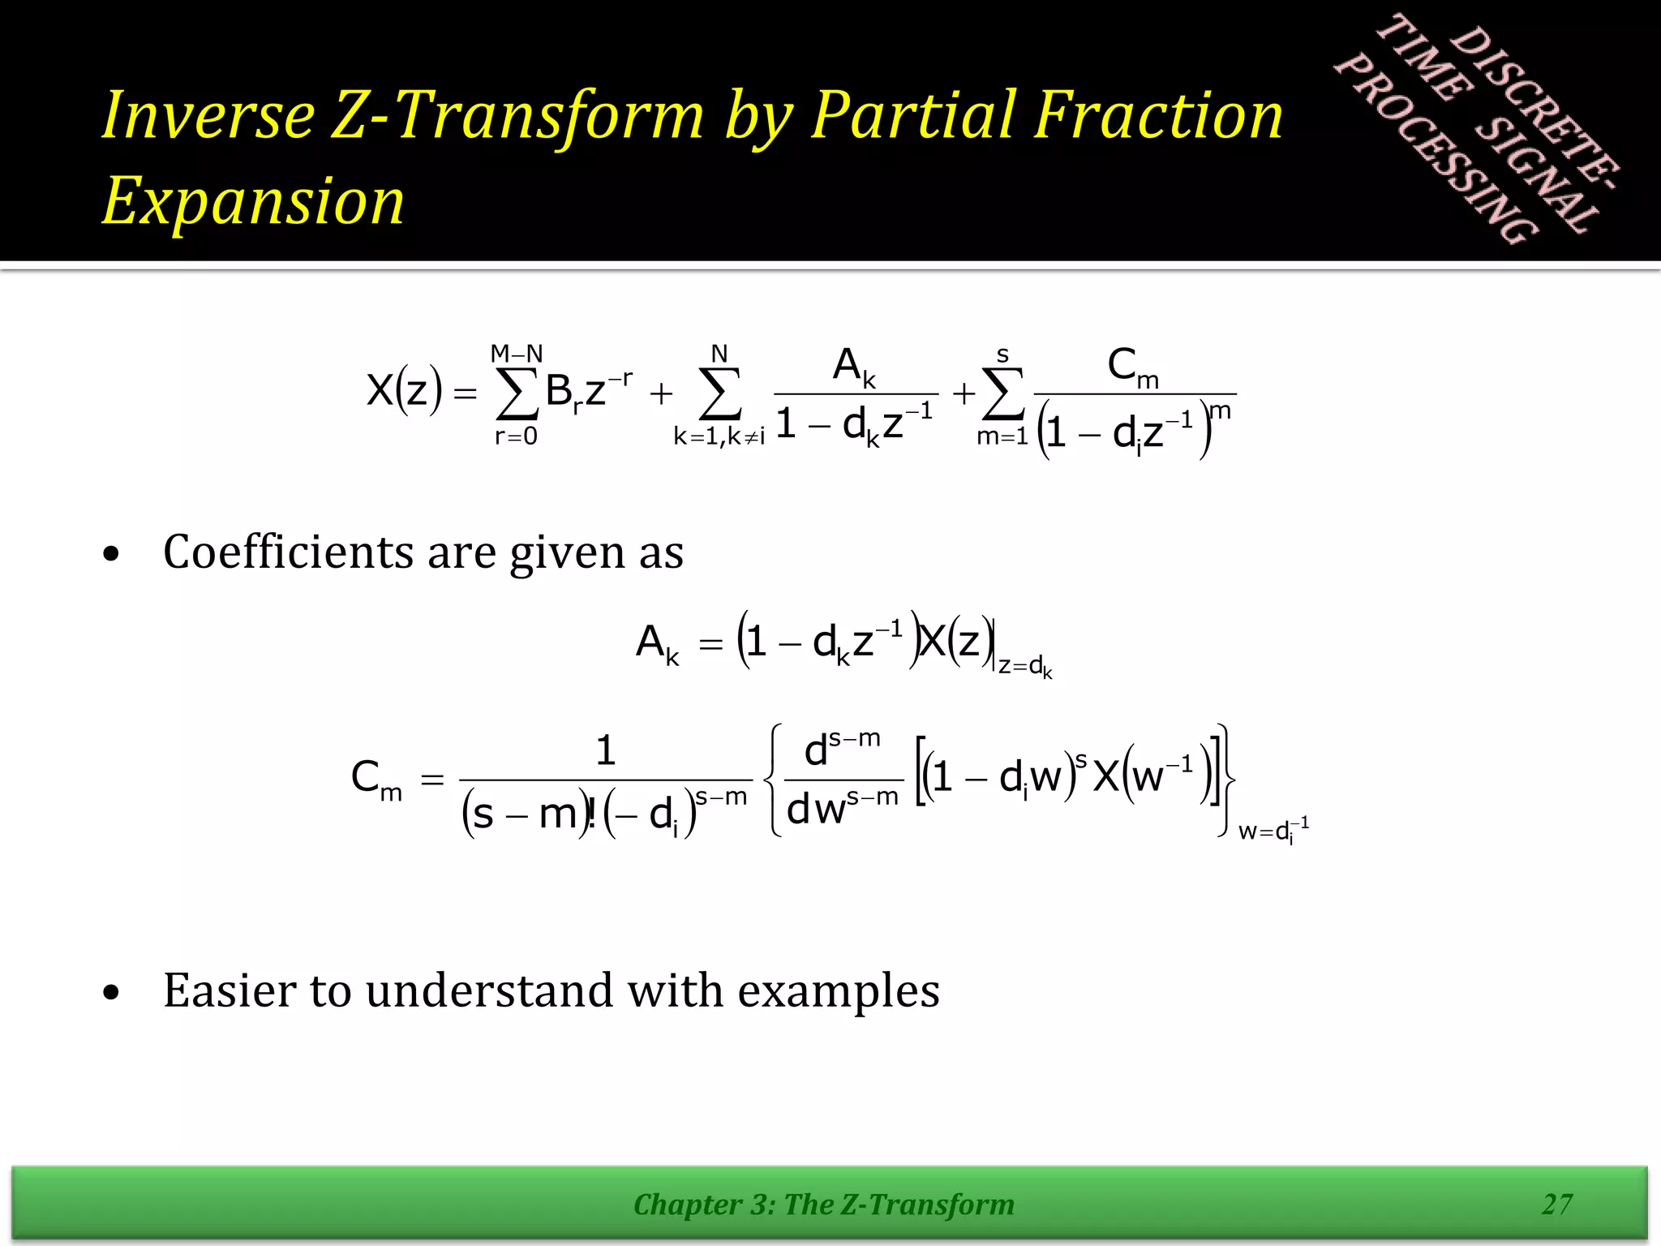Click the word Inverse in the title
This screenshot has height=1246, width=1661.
pos(208,115)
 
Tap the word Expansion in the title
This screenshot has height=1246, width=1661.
pos(253,201)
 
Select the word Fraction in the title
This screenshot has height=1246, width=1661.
pos(1159,115)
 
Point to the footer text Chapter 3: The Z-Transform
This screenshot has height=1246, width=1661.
pos(823,1205)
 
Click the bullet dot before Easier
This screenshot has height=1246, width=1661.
pos(112,992)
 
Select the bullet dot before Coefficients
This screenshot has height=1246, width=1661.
pos(112,555)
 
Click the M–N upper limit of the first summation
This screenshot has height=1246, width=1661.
pos(517,354)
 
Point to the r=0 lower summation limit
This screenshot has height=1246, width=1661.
pos(516,436)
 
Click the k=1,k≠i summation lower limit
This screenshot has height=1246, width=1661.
pos(719,437)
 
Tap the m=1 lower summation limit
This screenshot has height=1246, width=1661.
pos(1002,436)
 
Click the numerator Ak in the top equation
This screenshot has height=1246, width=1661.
pos(855,367)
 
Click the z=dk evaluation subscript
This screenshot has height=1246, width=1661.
pos(1025,668)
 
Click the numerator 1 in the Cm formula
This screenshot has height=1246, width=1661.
pos(605,750)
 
